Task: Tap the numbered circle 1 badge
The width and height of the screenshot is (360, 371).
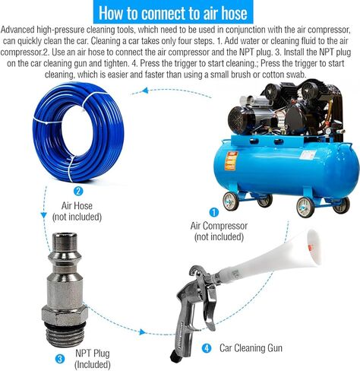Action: pyautogui.click(x=214, y=212)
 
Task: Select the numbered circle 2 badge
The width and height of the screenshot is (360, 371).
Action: pyautogui.click(x=78, y=191)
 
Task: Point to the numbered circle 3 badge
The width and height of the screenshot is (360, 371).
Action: pyautogui.click(x=60, y=359)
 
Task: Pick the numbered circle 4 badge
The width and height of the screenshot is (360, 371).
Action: pyautogui.click(x=207, y=348)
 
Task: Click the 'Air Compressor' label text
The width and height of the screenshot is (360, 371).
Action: pyautogui.click(x=219, y=226)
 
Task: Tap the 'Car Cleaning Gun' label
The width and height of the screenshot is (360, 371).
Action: pyautogui.click(x=251, y=348)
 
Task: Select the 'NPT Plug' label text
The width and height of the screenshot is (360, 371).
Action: pyautogui.click(x=93, y=354)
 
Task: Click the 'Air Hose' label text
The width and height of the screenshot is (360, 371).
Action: pyautogui.click(x=77, y=205)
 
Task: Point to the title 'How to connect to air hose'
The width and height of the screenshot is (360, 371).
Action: pyautogui.click(x=173, y=13)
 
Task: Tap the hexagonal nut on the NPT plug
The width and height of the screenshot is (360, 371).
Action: pyautogui.click(x=65, y=315)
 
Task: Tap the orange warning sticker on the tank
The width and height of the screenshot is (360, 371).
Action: pyautogui.click(x=232, y=161)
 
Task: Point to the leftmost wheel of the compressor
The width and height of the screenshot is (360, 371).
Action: pyautogui.click(x=230, y=201)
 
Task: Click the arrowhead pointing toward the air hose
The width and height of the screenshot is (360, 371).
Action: pyautogui.click(x=145, y=90)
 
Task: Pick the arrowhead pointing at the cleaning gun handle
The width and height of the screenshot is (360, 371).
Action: pyautogui.click(x=143, y=331)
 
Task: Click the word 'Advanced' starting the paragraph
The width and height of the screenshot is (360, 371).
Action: pyautogui.click(x=17, y=30)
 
